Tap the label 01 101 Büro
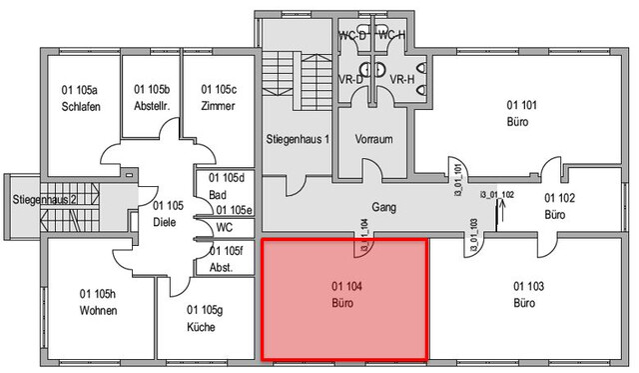pyautogui.click(x=518, y=113)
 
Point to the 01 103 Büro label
pyautogui.click(x=529, y=294)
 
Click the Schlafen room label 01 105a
pyautogui.click(x=80, y=99)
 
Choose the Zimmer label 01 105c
pyautogui.click(x=218, y=98)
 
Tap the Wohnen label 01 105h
pyautogui.click(x=98, y=302)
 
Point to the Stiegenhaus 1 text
pyautogui.click(x=297, y=137)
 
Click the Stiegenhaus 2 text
pyautogui.click(x=45, y=199)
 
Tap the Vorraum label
pyautogui.click(x=374, y=138)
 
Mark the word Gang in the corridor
pyautogui.click(x=383, y=208)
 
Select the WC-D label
pyautogui.click(x=352, y=35)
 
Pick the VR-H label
pyautogui.click(x=402, y=78)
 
